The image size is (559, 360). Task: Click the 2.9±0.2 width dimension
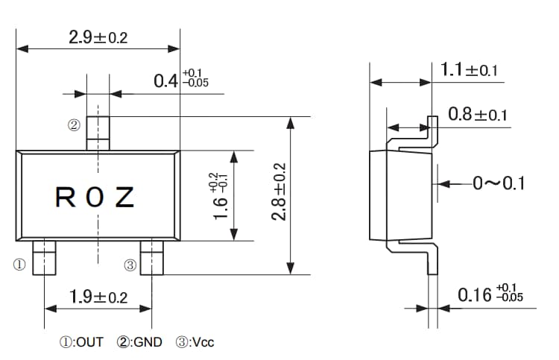click(98, 37)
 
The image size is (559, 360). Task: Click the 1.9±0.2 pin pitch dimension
click(98, 297)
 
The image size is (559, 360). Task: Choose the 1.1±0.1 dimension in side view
click(469, 71)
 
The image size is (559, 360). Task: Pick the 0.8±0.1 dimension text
click(478, 115)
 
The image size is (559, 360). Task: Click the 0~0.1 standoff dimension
click(498, 183)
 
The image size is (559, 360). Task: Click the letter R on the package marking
click(66, 198)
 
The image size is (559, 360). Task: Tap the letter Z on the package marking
click(124, 198)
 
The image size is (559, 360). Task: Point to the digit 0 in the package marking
click(95, 198)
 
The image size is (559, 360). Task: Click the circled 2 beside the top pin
click(73, 125)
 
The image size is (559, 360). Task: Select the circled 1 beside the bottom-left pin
click(19, 264)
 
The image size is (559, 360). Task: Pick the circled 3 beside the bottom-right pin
click(129, 264)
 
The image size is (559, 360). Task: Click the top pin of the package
click(98, 133)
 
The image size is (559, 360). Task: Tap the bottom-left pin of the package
click(45, 258)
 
